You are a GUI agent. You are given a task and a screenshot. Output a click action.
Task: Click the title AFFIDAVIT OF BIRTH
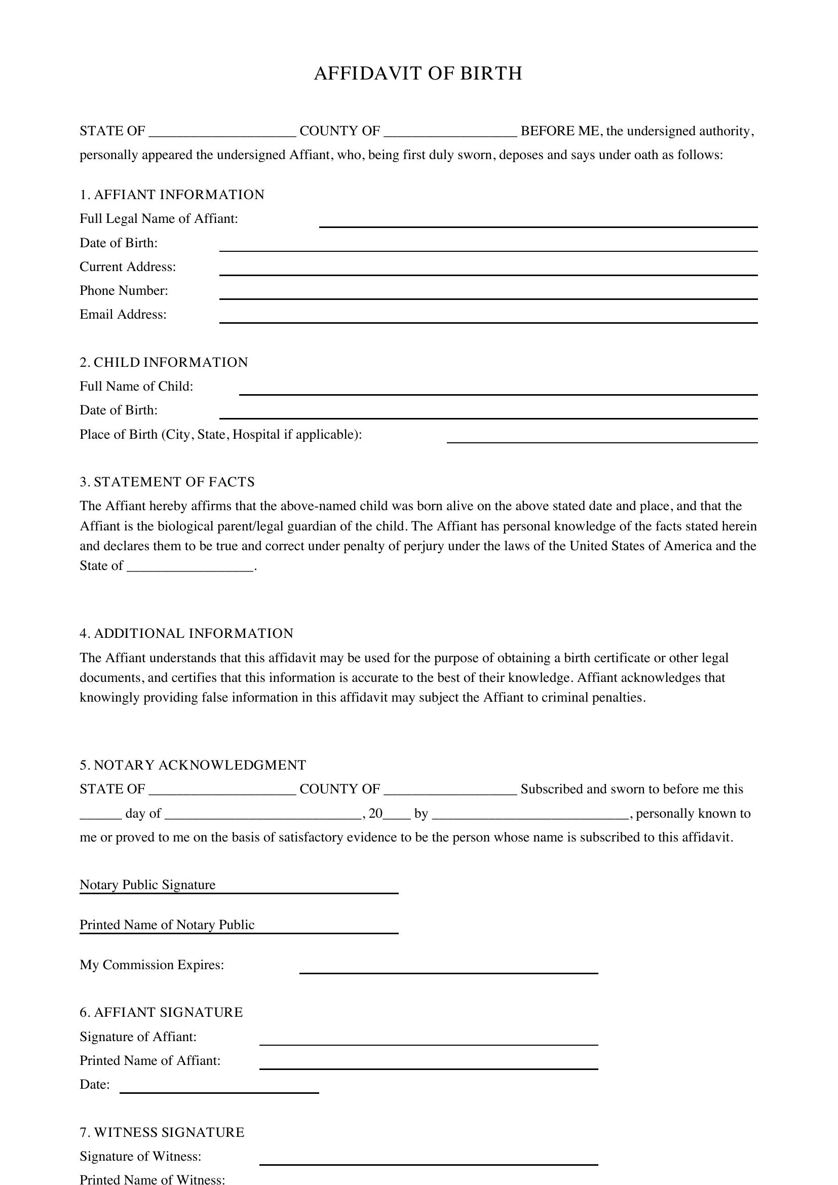[418, 73]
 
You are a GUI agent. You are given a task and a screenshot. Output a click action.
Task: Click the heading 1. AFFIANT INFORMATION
[172, 195]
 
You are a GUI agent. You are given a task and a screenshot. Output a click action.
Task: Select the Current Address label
[128, 267]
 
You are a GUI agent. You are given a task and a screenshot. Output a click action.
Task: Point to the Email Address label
[123, 314]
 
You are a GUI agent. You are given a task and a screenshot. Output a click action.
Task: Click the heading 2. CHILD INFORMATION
[164, 362]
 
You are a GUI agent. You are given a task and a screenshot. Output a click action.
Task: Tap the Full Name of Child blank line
[498, 391]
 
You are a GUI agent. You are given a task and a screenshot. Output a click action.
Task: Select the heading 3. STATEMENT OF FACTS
[167, 482]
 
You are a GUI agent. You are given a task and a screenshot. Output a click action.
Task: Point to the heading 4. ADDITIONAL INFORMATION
[186, 633]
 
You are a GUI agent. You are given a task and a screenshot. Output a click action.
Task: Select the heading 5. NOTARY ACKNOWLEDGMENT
[193, 765]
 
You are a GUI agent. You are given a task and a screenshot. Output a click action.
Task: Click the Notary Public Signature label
[147, 885]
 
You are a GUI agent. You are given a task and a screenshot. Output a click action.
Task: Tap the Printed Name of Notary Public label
[167, 925]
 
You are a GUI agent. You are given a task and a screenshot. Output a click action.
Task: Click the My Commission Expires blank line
[448, 969]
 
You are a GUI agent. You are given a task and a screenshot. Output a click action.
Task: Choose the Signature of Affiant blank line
[428, 1041]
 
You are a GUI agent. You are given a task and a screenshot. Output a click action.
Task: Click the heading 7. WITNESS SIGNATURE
[162, 1132]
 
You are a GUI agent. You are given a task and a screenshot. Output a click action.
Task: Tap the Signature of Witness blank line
[428, 1161]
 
